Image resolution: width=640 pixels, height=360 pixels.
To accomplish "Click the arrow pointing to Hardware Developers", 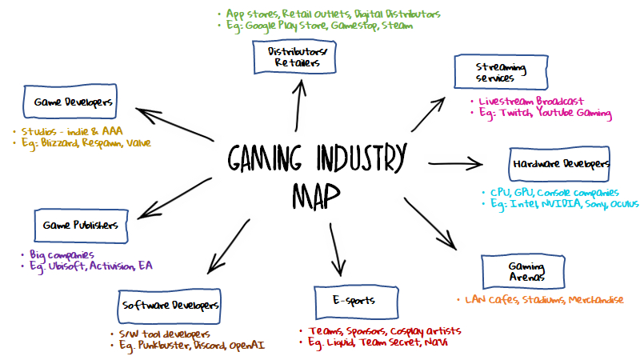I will pos(456,163).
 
